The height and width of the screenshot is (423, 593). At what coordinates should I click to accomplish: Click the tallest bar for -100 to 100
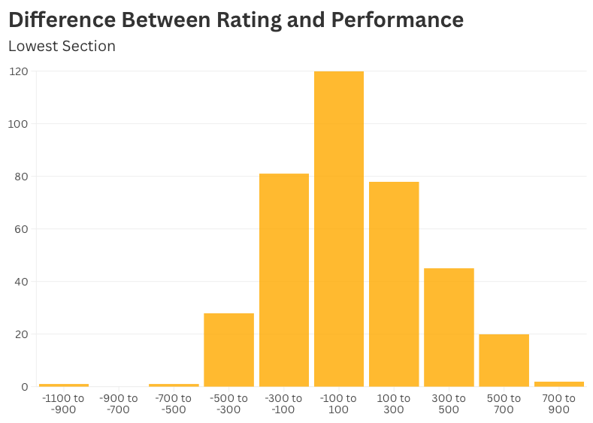coord(338,229)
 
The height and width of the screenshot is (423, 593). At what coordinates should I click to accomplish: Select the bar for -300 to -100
coord(283,280)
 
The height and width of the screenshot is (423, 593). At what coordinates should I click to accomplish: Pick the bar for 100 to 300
coord(394,284)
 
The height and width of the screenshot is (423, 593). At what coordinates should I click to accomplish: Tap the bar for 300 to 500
coord(449,328)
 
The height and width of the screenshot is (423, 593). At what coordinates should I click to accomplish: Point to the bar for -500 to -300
coord(228,350)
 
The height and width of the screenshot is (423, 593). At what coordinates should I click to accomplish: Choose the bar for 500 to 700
coord(504,361)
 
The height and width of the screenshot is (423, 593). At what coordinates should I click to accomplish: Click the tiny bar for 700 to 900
coord(558,384)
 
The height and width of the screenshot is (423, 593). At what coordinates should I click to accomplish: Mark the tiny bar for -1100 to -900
coord(64,385)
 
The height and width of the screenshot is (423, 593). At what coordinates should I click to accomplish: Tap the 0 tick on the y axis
coord(24,387)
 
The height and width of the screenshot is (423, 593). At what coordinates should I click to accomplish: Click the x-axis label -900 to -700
coord(119,403)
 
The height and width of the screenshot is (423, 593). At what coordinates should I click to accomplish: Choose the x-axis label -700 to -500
coord(174,403)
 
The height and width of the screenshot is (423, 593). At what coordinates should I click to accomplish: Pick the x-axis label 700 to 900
coord(558,403)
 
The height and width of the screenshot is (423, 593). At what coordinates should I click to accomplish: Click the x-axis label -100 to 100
coord(338,403)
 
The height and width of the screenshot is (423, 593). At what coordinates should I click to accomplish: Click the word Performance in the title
coord(398,20)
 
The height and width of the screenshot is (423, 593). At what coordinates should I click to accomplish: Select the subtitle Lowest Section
coord(62,46)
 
